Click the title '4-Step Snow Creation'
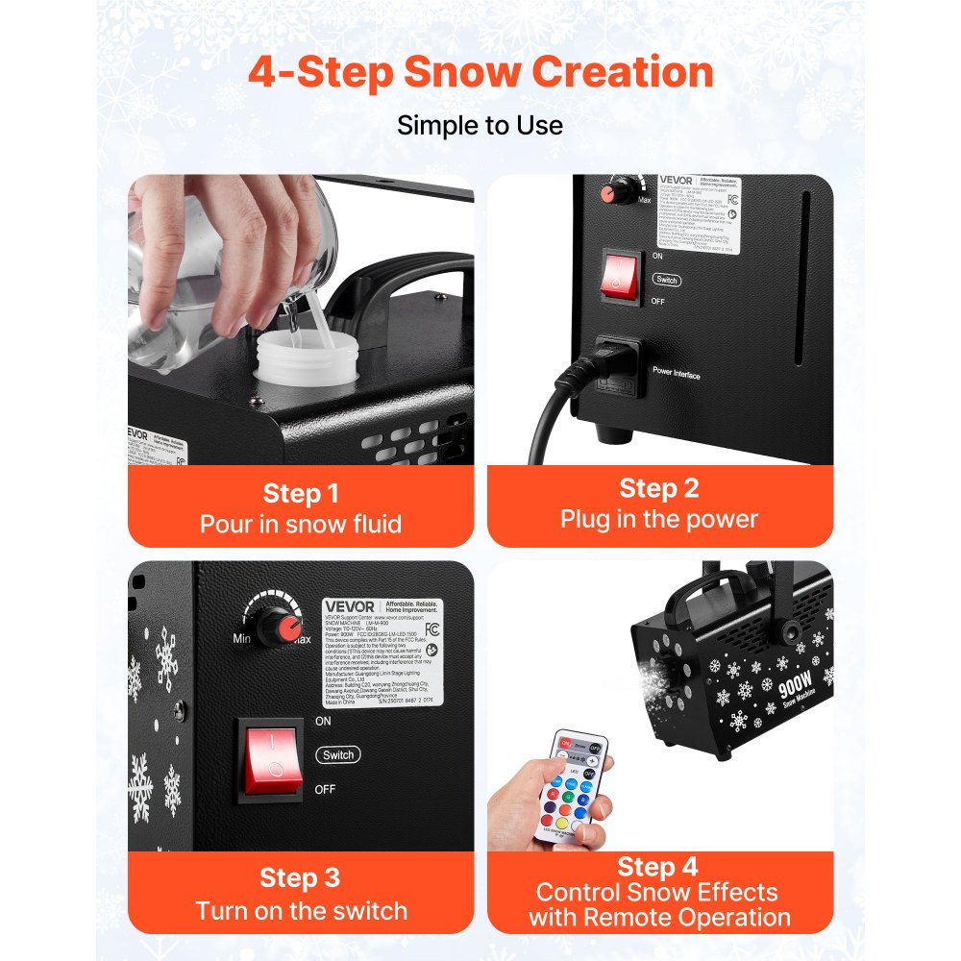(x=480, y=73)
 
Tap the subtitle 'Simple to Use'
(x=480, y=125)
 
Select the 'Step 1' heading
(x=301, y=494)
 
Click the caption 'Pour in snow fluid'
(x=301, y=524)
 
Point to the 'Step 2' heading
(x=659, y=488)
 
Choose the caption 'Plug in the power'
(x=659, y=519)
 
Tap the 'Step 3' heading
(x=301, y=878)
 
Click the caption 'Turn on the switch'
(x=301, y=910)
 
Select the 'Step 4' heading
(x=659, y=867)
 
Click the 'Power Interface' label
(x=677, y=373)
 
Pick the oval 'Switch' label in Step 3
(x=338, y=755)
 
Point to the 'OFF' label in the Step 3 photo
(x=325, y=790)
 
